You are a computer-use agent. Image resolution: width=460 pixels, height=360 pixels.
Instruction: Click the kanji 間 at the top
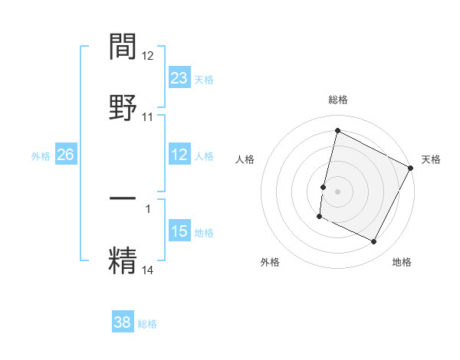pyautogui.click(x=123, y=47)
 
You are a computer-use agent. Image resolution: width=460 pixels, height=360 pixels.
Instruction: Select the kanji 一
pyautogui.click(x=123, y=198)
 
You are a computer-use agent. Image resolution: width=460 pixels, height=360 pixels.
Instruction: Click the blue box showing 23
pyautogui.click(x=179, y=78)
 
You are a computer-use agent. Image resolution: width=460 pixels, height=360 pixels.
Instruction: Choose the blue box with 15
pyautogui.click(x=179, y=231)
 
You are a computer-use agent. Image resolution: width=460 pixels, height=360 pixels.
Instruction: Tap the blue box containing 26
pyautogui.click(x=65, y=155)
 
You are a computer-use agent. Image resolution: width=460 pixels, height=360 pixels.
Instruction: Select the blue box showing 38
pyautogui.click(x=123, y=322)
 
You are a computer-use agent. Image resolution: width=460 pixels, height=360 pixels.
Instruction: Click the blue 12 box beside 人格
pyautogui.click(x=179, y=155)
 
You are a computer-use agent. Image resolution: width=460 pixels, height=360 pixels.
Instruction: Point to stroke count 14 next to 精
pyautogui.click(x=148, y=270)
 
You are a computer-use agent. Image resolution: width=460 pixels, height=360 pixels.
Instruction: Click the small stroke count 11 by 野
pyautogui.click(x=148, y=117)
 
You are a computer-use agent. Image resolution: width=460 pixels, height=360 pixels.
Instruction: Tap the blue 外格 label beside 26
pyautogui.click(x=41, y=156)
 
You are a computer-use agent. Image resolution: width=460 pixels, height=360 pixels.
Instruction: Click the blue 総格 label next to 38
pyautogui.click(x=147, y=323)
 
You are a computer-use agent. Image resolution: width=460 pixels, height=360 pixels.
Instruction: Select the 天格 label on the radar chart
pyautogui.click(x=431, y=159)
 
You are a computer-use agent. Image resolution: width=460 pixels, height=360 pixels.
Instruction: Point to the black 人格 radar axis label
pyautogui.click(x=245, y=159)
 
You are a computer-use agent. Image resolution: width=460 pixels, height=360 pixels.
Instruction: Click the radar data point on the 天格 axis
pyautogui.click(x=412, y=168)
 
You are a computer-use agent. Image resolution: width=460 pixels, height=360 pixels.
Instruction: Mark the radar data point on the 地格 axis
pyautogui.click(x=374, y=242)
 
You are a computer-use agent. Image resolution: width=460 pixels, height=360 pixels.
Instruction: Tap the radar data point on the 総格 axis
pyautogui.click(x=337, y=131)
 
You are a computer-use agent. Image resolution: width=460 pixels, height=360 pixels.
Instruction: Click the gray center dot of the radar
pyautogui.click(x=337, y=189)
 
